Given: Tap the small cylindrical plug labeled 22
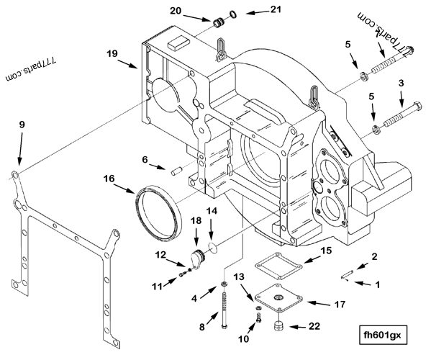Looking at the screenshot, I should pos(278,329).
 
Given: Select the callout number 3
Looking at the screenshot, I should pos(401,84).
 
